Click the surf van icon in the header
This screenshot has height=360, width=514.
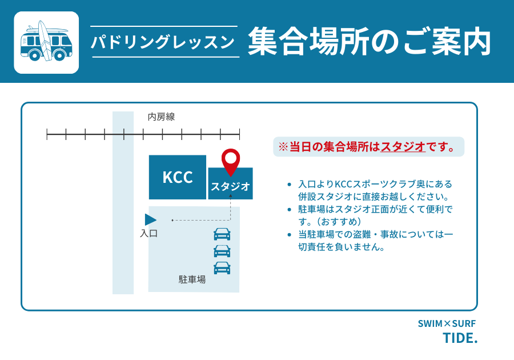46,42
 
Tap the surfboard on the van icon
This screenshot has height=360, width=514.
45,41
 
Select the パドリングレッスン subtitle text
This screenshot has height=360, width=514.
163,42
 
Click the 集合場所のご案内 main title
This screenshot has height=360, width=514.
370,41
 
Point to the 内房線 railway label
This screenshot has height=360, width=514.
161,117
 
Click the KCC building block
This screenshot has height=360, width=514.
178,177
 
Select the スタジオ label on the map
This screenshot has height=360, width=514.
230,186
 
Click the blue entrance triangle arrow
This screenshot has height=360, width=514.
150,219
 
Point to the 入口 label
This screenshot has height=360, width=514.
149,234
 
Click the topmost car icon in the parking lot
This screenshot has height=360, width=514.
222,234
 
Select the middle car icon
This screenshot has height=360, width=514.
222,251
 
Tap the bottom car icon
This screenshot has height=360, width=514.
222,268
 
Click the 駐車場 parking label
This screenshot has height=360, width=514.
192,279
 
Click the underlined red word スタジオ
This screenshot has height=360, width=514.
403,146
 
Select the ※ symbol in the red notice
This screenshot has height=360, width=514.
283,146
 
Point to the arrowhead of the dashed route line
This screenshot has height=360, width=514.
231,196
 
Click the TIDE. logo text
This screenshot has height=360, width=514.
460,338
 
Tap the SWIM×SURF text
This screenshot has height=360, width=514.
447,323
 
